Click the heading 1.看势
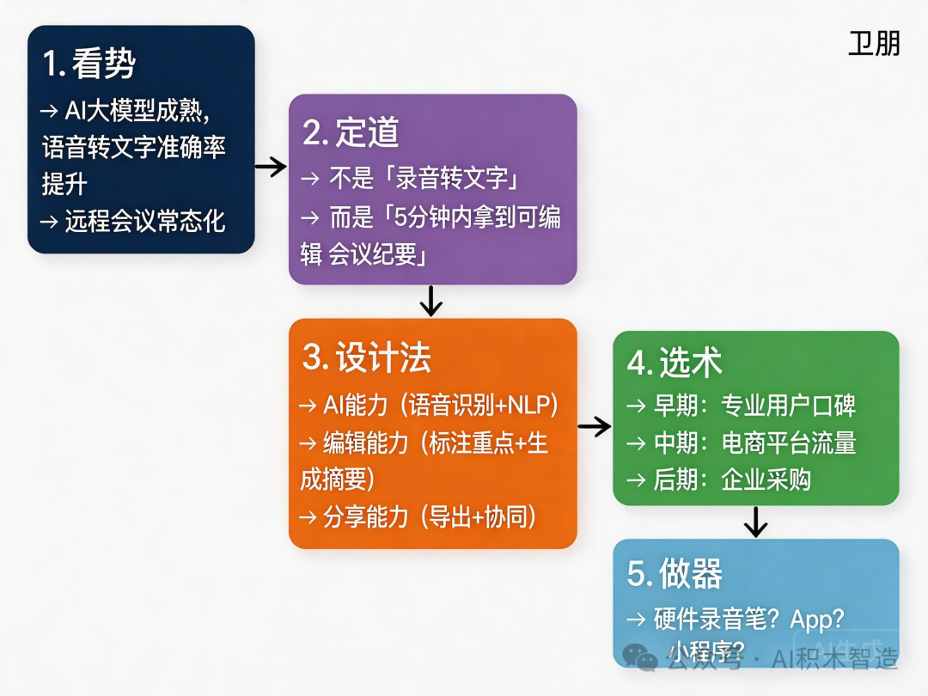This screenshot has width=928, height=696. pyautogui.click(x=89, y=64)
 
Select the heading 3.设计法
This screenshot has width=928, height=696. pyautogui.click(x=366, y=357)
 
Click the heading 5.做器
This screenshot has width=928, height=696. pyautogui.click(x=674, y=574)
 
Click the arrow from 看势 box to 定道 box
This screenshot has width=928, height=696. pyautogui.click(x=271, y=166)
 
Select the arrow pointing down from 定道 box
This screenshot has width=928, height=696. pyautogui.click(x=430, y=301)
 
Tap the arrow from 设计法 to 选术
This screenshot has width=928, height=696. pyautogui.click(x=594, y=424)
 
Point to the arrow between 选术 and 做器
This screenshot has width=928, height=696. pyautogui.click(x=755, y=522)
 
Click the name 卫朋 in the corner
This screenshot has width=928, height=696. pyautogui.click(x=874, y=45)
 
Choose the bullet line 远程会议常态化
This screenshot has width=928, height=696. pyautogui.click(x=144, y=221)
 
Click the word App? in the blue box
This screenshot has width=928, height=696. pyautogui.click(x=817, y=620)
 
